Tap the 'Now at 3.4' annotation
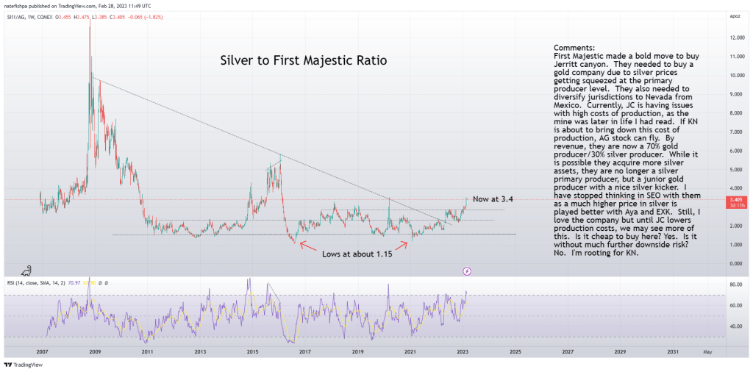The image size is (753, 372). click(x=493, y=199)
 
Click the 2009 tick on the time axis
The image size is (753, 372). click(x=95, y=352)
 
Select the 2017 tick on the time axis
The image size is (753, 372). click(x=305, y=352)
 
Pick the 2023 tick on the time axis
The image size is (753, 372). click(x=463, y=352)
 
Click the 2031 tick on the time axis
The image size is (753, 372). click(x=673, y=352)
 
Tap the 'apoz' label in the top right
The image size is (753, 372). click(x=735, y=15)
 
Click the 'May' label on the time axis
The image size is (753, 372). click(x=707, y=352)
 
